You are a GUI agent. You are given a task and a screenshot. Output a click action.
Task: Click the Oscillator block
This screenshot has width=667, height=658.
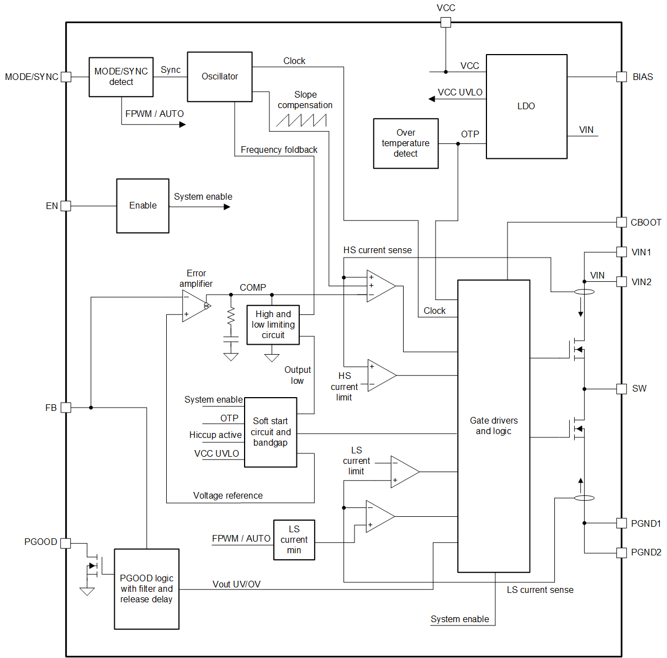[220, 77]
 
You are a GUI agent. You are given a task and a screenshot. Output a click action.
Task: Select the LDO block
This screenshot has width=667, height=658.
[526, 106]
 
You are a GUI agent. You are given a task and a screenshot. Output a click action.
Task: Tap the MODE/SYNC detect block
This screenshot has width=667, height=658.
[121, 77]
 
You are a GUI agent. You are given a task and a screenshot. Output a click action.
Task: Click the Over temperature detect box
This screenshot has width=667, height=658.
[406, 143]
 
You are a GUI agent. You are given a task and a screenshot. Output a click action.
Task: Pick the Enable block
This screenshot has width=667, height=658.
[142, 206]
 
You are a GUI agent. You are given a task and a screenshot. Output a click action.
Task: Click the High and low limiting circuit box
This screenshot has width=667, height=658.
[273, 325]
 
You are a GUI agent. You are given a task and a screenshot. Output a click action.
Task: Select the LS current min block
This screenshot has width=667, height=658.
[294, 540]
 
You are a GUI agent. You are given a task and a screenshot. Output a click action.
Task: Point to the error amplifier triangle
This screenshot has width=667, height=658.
[194, 306]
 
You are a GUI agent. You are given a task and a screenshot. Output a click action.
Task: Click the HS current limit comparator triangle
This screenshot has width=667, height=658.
[380, 376]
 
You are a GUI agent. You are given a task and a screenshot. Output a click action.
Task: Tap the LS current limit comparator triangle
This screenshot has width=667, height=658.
[403, 472]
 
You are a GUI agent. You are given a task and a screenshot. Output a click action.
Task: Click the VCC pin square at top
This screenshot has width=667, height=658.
[446, 23]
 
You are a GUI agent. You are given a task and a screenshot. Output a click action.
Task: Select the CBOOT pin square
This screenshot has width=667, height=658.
[621, 222]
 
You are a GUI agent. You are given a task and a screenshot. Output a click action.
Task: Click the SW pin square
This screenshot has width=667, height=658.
[621, 389]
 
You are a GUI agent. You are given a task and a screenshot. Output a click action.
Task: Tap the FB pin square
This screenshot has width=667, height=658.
[66, 408]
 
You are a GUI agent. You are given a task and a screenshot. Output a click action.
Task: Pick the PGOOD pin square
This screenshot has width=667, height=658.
[66, 543]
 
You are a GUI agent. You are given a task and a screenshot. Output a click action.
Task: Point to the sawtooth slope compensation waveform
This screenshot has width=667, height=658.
[301, 120]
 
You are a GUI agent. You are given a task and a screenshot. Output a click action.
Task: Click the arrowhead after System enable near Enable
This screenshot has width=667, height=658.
[227, 207]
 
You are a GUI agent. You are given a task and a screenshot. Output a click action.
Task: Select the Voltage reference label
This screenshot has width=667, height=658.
[227, 495]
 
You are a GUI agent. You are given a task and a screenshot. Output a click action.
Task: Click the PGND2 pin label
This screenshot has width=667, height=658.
[646, 552]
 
